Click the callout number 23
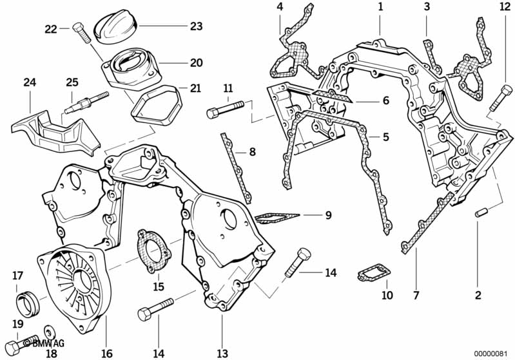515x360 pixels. coord(196,26)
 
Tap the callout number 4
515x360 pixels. coord(279,7)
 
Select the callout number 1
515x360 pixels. coord(380,7)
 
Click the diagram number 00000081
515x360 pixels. coord(491,353)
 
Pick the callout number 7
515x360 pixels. coord(416,296)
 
